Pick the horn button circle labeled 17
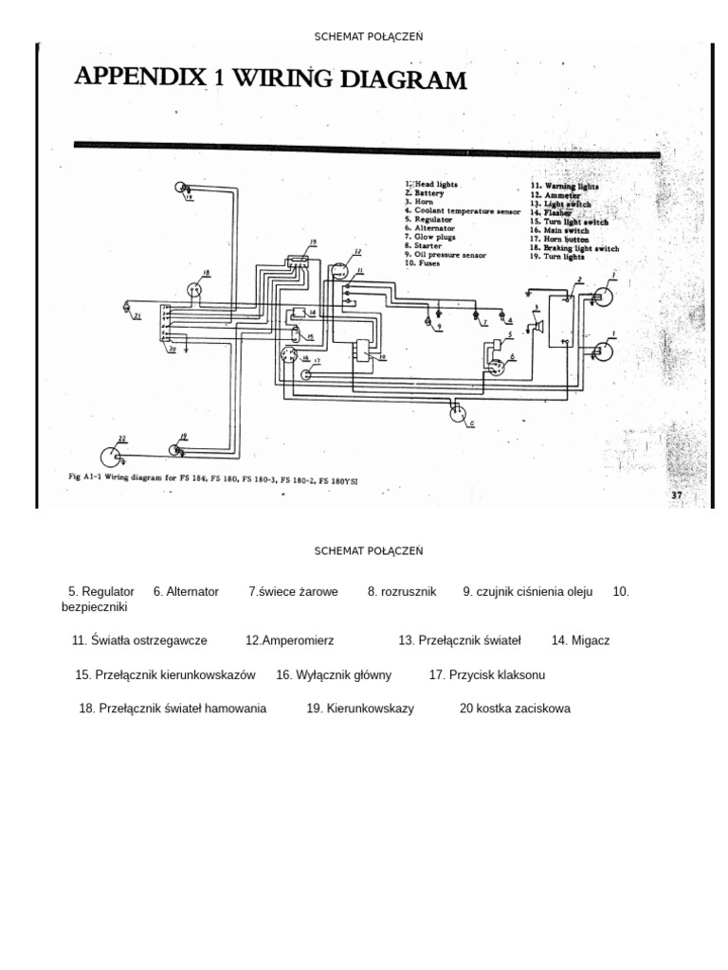306,374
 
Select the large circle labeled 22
113,457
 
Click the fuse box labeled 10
363,351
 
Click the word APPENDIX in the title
140,77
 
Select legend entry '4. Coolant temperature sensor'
463,210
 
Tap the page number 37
677,494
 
